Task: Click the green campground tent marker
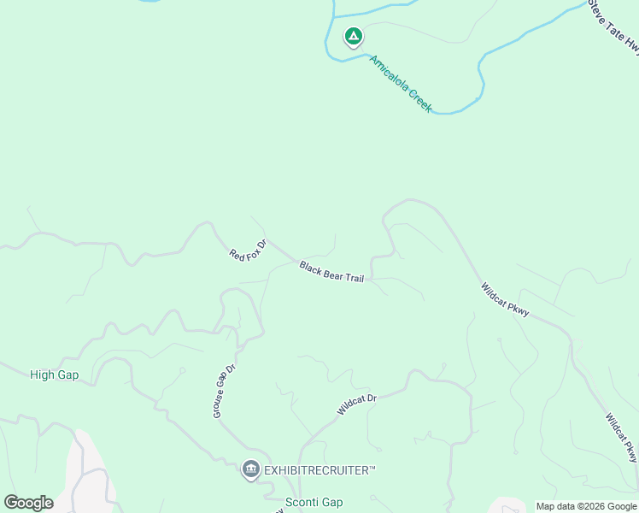coord(353,37)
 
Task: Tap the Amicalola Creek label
coord(401,84)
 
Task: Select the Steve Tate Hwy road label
coord(614,28)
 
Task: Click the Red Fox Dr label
coord(248,249)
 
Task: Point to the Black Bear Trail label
coord(331,273)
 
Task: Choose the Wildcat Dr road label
coord(356,399)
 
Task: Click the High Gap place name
coord(54,374)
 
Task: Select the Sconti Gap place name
coord(314,503)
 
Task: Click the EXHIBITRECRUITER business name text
coord(319,470)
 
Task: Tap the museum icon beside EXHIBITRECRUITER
coord(250,469)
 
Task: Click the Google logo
coord(28,503)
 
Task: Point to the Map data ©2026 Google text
coord(586,506)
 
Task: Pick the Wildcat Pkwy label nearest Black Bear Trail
coord(505,299)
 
